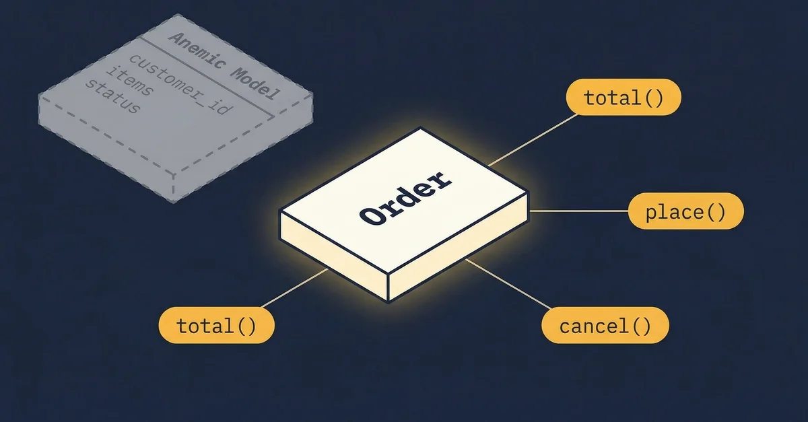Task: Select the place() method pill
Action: point(685,213)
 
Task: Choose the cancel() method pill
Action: point(605,326)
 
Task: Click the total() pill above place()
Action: point(624,99)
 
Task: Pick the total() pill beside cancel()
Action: point(217,326)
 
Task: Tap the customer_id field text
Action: point(179,84)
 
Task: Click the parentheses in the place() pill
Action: point(712,213)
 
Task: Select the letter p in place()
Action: point(650,214)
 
